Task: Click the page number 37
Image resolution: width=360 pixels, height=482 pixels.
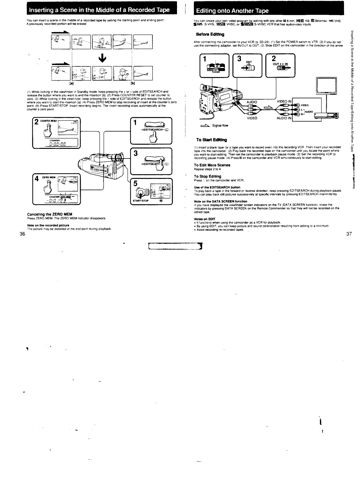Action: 349,234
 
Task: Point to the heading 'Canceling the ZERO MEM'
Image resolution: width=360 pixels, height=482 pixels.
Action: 50,214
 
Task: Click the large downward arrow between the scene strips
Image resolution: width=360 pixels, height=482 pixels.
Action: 103,58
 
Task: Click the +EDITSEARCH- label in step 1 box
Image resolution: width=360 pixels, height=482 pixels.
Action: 155,130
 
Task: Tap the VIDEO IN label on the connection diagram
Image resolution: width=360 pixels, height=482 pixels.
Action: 284,102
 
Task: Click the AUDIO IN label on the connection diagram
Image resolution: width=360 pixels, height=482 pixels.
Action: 284,118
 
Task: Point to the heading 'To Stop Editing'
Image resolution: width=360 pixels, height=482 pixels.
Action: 208,176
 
